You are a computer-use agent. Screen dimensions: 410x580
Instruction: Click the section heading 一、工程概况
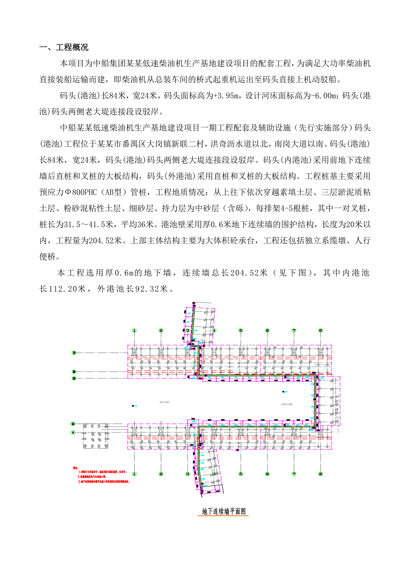[x=65, y=48]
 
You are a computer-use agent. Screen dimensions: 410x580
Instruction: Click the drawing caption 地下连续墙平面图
[x=224, y=512]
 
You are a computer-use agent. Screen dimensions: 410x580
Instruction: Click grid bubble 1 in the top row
[x=134, y=331]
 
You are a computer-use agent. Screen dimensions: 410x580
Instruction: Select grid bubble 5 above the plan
[x=241, y=331]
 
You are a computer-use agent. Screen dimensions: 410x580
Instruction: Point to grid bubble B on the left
[x=74, y=353]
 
